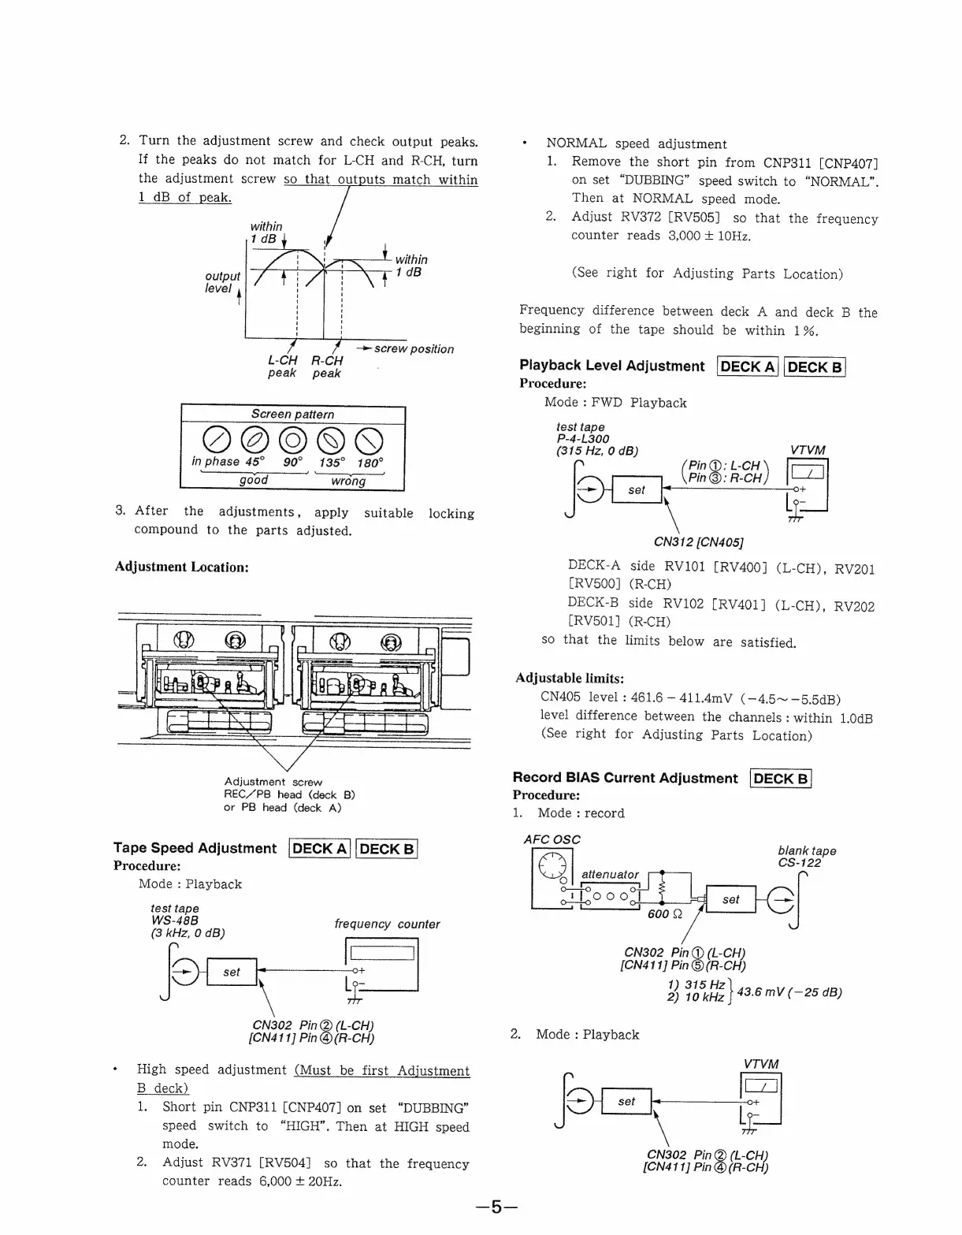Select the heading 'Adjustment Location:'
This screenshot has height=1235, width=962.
(182, 567)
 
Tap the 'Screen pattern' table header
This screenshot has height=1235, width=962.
(292, 414)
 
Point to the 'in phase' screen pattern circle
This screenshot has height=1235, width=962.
(216, 440)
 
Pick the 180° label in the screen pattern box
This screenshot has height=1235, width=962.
(370, 463)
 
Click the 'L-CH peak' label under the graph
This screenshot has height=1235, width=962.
(282, 366)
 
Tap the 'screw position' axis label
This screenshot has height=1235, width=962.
(413, 348)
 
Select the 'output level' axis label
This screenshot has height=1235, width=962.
(222, 282)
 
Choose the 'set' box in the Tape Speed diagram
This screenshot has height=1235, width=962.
(231, 972)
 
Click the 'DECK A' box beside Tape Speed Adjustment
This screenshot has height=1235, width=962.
(320, 848)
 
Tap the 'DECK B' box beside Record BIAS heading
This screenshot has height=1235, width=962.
(781, 779)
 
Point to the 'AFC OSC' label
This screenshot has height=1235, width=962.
(552, 839)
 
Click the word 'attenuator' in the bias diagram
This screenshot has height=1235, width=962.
(610, 874)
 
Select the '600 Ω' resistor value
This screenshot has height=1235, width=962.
(663, 913)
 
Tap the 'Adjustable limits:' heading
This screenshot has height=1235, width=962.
(570, 678)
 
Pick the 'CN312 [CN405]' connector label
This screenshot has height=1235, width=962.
(699, 541)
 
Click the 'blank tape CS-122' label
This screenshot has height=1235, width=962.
(806, 857)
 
